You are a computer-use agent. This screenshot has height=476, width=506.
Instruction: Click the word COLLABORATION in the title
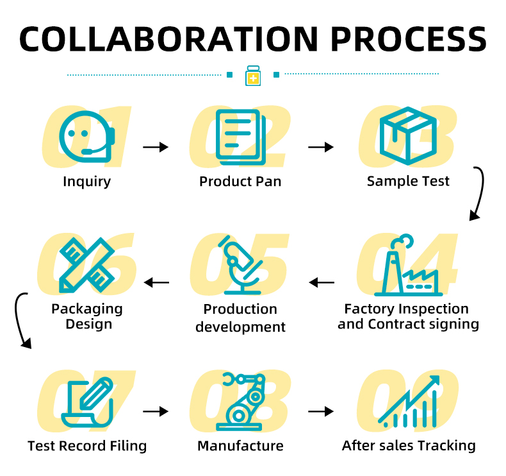point(168,39)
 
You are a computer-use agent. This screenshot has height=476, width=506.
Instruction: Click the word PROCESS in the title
point(409,39)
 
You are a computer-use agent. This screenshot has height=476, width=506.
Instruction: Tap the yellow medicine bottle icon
point(253,76)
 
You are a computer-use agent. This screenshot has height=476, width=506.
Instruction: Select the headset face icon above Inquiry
point(87,137)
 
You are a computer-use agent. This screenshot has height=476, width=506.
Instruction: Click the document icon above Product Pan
point(241,137)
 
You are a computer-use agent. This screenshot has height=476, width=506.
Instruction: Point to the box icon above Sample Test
point(408,136)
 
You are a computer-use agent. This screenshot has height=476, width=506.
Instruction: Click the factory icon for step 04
point(409,265)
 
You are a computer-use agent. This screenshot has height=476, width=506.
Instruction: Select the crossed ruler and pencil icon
point(87,265)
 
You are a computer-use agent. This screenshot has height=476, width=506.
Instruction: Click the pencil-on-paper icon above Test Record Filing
point(87,402)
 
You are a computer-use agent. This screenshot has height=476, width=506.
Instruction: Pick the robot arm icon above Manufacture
point(241,402)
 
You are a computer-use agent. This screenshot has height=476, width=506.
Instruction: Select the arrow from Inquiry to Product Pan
point(156,147)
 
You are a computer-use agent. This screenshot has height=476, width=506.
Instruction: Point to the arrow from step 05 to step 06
point(156,282)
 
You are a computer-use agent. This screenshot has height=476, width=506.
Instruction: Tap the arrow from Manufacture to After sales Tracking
point(321,411)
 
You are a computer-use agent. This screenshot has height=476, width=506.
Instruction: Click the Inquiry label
point(87,182)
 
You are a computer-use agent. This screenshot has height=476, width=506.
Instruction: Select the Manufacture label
point(240,446)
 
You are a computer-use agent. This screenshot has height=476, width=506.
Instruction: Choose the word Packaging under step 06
point(87,309)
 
